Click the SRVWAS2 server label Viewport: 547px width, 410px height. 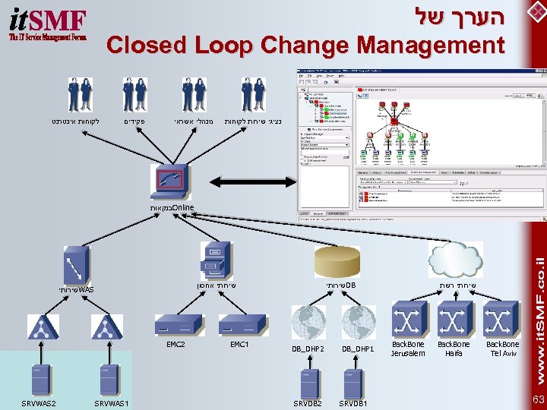(38, 402)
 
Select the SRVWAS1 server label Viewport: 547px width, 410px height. (110, 402)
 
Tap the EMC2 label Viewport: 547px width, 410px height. (175, 345)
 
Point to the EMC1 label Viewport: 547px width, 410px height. (239, 345)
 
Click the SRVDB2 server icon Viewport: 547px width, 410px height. (308, 383)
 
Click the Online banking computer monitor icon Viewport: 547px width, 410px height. (172, 182)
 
